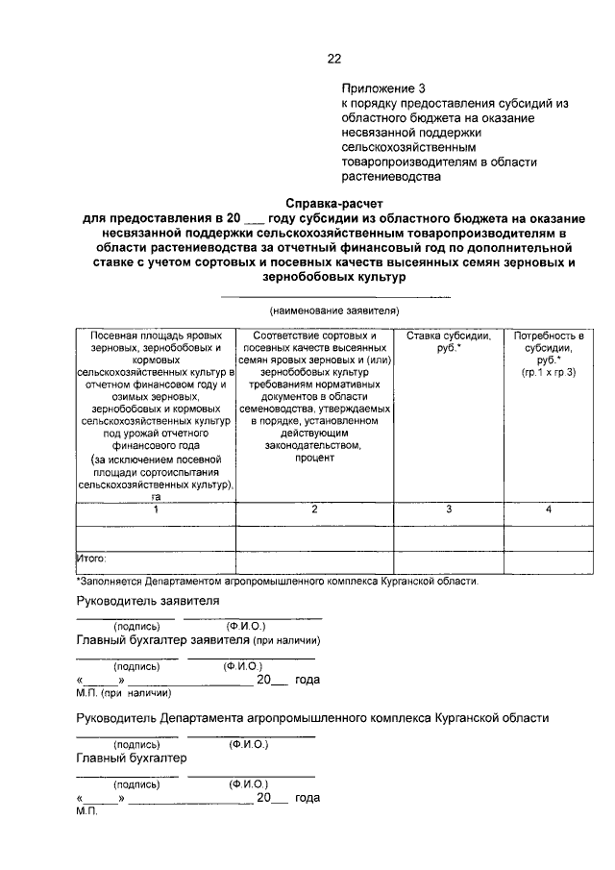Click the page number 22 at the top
point(334,58)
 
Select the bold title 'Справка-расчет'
point(333,203)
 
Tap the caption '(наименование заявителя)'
point(333,311)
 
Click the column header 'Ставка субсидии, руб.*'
point(449,341)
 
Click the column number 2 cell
point(314,509)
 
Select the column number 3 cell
point(449,509)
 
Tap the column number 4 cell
point(549,509)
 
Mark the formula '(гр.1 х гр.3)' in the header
point(549,370)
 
